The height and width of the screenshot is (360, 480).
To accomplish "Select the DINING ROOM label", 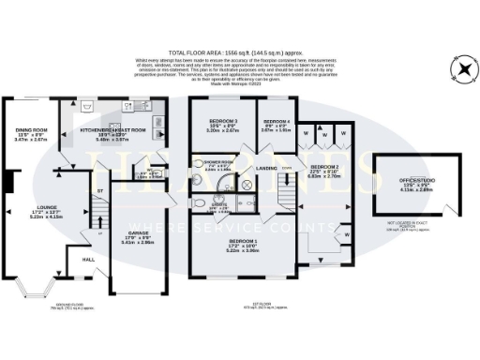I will [x=31, y=129].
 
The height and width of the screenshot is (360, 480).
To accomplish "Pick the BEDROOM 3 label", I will [x=222, y=123].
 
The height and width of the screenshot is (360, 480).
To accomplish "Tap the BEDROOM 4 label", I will [x=277, y=123].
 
